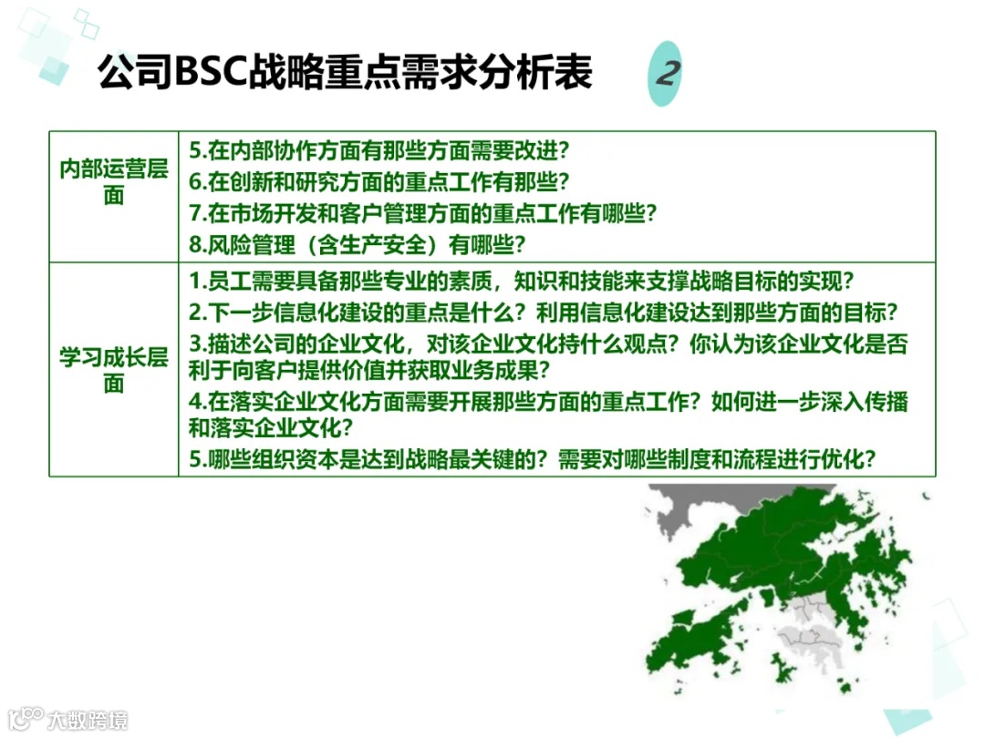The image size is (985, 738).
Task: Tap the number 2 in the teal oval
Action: (668, 74)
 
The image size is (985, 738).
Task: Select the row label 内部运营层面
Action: (113, 182)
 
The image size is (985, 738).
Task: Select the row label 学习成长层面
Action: (113, 369)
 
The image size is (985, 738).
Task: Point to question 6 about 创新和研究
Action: (379, 181)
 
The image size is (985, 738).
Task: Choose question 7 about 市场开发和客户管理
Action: (423, 213)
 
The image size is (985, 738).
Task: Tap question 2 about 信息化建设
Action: (544, 313)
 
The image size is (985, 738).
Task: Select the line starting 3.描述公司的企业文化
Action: (548, 344)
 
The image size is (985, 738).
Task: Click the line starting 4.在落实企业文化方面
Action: (548, 402)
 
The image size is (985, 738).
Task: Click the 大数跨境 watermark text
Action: (88, 720)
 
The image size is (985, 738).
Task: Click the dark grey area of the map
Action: (679, 510)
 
